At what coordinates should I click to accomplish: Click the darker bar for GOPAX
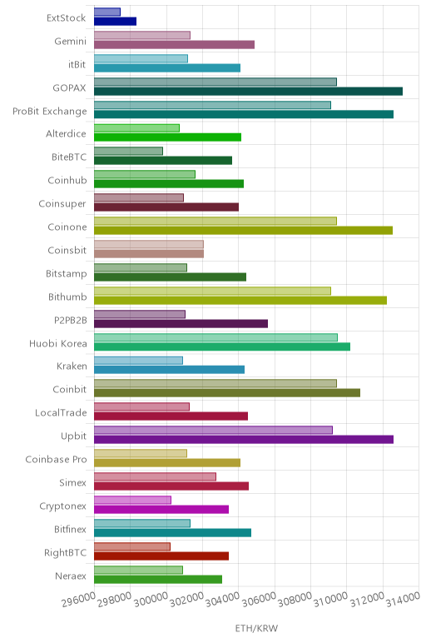[x=248, y=91]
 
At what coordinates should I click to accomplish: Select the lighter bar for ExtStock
[x=107, y=12]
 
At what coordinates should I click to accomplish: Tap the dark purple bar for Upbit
[x=244, y=440]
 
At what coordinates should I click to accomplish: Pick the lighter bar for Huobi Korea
[x=215, y=337]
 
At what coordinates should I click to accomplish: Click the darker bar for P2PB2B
[x=181, y=323]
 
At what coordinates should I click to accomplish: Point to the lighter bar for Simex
[x=156, y=476]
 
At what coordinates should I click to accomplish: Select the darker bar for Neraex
[x=158, y=580]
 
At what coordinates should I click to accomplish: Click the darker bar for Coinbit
[x=227, y=393]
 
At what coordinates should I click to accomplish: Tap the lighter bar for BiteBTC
[x=129, y=151]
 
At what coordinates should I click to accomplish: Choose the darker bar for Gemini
[x=175, y=45]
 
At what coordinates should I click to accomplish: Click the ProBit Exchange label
[x=50, y=111]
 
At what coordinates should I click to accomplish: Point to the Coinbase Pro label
[x=56, y=459]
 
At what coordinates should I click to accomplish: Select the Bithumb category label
[x=67, y=297]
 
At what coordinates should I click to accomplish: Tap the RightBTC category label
[x=66, y=552]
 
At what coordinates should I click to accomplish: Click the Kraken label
[x=72, y=366]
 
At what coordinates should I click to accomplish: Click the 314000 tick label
[x=403, y=599]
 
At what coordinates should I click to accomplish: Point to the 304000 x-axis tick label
[x=222, y=600]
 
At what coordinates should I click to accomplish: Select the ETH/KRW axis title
[x=256, y=628]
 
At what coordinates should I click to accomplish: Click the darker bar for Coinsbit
[x=149, y=254]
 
